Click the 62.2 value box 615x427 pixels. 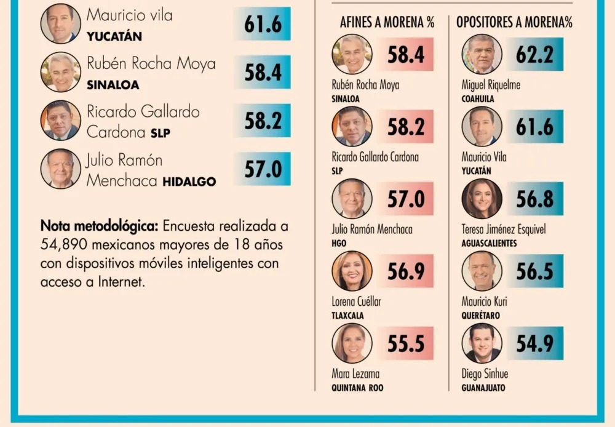coord(534,55)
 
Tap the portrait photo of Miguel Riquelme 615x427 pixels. coord(482,55)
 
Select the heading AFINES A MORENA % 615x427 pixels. coord(387,23)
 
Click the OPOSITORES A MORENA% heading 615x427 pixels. coord(514,23)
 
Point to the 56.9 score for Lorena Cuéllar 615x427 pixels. coord(406,271)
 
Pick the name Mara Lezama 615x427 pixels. coord(355,373)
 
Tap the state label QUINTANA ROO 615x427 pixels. coord(357,388)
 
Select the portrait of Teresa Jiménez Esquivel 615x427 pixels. coord(482,199)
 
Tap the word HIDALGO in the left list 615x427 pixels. coord(189,182)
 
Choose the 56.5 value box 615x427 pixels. coord(534,271)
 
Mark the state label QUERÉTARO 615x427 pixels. coord(481,316)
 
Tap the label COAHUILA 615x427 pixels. coord(478,98)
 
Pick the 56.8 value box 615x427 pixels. coord(534,199)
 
